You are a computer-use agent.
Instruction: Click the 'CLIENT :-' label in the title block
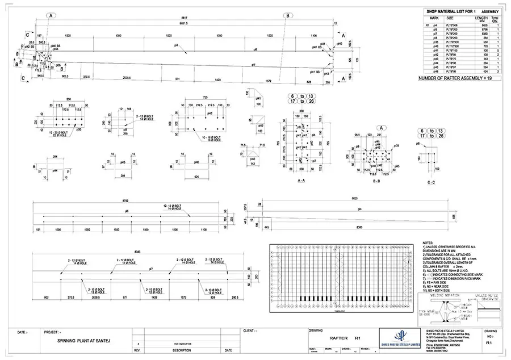(x=249, y=330)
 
